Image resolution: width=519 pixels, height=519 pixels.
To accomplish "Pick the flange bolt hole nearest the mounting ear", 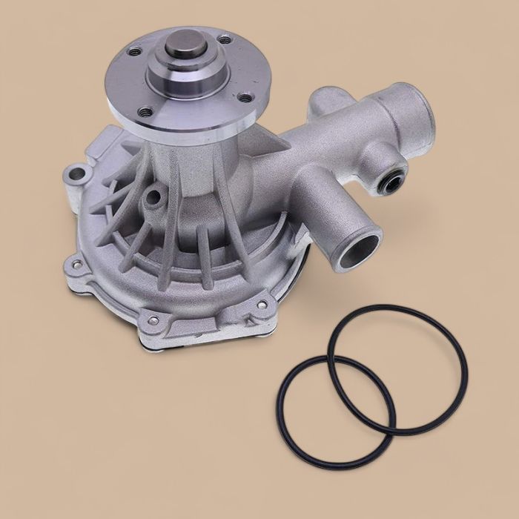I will (x=134, y=53).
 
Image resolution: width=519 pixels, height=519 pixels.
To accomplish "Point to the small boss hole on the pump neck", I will (x=154, y=197).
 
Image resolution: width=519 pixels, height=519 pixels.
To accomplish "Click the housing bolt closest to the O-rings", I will (x=262, y=305).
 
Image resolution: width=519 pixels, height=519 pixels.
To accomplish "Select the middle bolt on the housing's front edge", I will (x=153, y=320).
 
